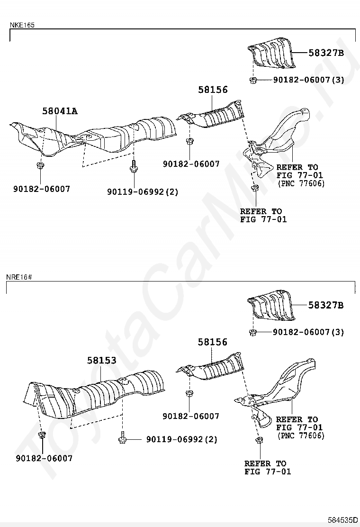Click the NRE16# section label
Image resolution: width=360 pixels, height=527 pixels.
tap(19, 276)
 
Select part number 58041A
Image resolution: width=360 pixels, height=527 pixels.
tap(60, 111)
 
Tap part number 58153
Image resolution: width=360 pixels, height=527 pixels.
tap(101, 361)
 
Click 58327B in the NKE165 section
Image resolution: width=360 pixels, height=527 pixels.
tap(326, 53)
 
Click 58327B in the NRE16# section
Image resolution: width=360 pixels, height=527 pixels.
tap(326, 305)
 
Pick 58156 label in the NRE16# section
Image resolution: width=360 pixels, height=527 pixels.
tap(213, 342)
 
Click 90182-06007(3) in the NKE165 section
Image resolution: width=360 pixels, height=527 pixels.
tap(308, 80)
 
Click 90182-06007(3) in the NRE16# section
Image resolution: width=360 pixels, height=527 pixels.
tap(308, 332)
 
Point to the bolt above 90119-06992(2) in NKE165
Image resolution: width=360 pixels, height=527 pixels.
tap(133, 167)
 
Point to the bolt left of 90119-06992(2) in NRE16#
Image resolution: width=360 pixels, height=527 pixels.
tap(122, 439)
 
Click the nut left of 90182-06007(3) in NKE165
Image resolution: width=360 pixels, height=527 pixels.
tap(253, 80)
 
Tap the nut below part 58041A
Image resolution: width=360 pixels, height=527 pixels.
tap(40, 166)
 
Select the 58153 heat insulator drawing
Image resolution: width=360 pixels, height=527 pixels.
tap(95, 391)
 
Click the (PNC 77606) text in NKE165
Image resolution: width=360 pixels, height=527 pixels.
tap(301, 183)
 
